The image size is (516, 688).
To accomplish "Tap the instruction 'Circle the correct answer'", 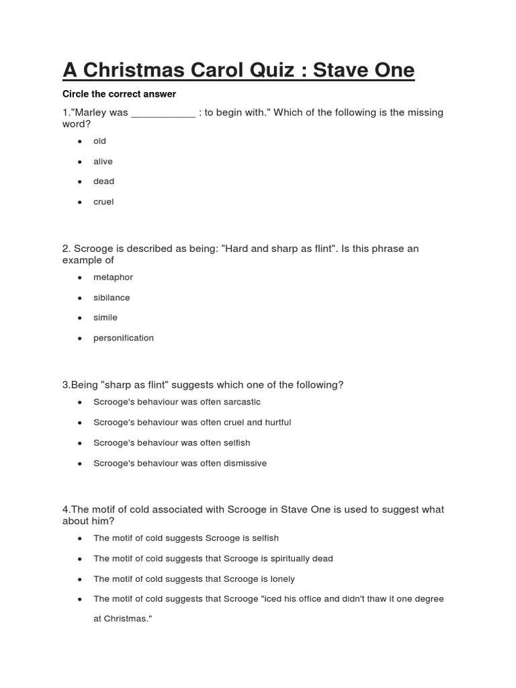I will [119, 94].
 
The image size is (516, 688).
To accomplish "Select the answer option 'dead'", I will [104, 181].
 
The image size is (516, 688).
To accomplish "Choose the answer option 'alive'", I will [103, 161].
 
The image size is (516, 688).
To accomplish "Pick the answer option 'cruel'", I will [104, 202].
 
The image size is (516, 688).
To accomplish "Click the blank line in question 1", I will [163, 113].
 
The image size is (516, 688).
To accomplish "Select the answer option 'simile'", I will [105, 318].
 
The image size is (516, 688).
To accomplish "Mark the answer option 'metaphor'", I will [114, 277].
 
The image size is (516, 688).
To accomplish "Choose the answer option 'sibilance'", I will [112, 298].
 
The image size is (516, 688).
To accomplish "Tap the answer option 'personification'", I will [124, 338].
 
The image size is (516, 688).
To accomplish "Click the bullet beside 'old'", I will [80, 141].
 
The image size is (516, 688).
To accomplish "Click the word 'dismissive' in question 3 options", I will [244, 463].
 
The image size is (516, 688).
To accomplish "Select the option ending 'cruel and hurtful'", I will [192, 423].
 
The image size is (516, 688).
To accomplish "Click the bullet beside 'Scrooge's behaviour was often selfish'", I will [80, 443].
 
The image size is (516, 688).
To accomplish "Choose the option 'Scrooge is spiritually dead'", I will [213, 558].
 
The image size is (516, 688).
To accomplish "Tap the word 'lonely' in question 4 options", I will [282, 578].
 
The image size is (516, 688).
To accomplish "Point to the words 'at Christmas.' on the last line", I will [123, 618].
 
